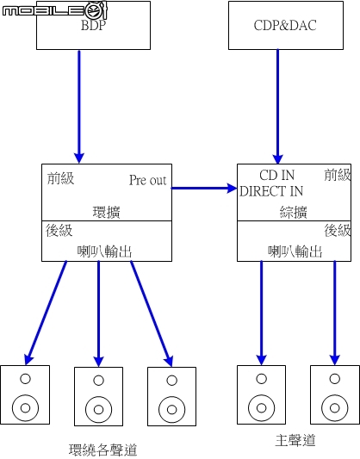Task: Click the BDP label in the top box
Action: pos(93,25)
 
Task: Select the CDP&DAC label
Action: pos(285,25)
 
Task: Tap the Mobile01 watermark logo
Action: pos(55,10)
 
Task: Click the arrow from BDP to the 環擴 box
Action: pos(79,107)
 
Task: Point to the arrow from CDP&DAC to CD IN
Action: pos(278,107)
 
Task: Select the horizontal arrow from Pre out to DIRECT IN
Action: pos(204,188)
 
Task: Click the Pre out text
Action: pos(148,180)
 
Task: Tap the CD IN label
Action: pos(276,175)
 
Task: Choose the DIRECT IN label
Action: pos(271,191)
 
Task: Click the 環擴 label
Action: pos(106,212)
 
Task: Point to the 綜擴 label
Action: pos(294,212)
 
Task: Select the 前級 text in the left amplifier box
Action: pos(61,178)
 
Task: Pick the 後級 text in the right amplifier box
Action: pos(338,230)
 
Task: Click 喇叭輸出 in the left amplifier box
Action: pos(105,251)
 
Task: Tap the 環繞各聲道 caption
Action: pos(103,450)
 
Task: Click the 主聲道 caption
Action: pos(295,440)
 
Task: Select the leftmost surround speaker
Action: pos(25,394)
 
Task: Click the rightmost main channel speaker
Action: pos(335,394)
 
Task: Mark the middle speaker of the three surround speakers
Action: pos(99,396)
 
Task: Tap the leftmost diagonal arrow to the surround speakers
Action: pos(46,313)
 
